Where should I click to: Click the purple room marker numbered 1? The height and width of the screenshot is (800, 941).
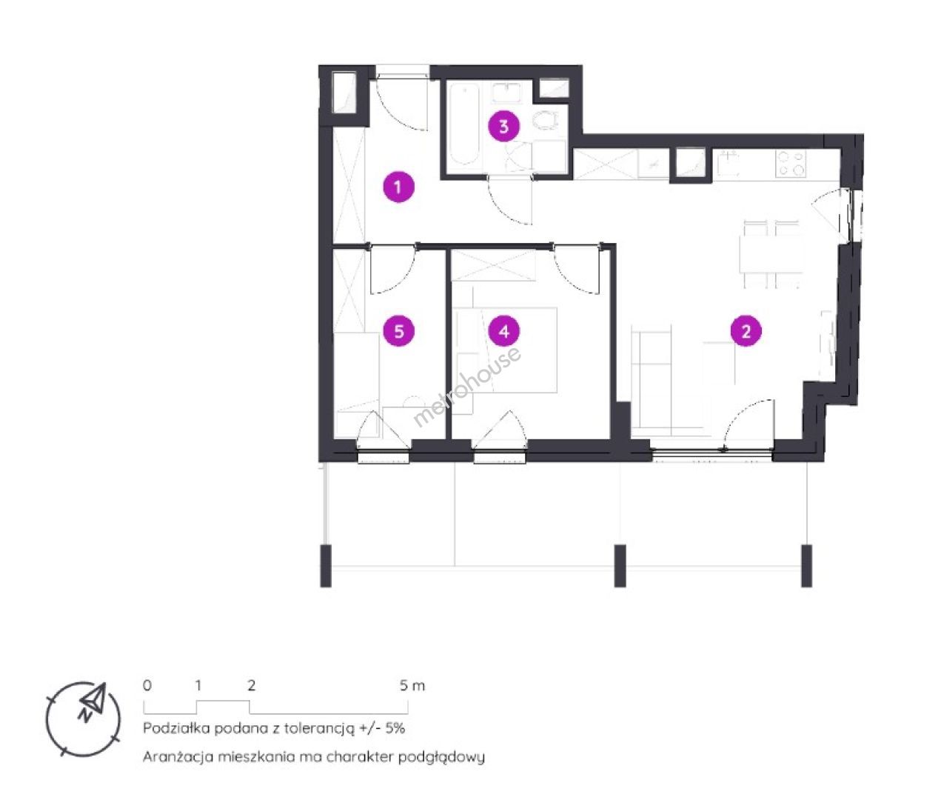tap(398, 187)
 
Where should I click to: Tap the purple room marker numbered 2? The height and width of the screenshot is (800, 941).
tap(746, 331)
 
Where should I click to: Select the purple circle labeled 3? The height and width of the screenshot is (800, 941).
tap(503, 126)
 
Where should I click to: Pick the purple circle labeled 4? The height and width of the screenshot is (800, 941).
tap(504, 331)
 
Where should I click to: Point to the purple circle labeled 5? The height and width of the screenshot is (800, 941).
tap(398, 331)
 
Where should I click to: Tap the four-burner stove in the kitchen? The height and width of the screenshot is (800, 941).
tap(791, 164)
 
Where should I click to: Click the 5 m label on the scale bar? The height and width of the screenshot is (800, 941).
tap(412, 686)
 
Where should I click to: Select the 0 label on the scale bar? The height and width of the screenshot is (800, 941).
tap(147, 686)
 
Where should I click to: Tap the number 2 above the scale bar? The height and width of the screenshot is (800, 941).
tap(251, 686)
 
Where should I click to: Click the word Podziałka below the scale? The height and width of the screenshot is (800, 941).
tap(176, 728)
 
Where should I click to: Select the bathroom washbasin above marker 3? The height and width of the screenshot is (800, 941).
tap(507, 93)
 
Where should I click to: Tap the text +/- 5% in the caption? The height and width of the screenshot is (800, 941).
tap(381, 728)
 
